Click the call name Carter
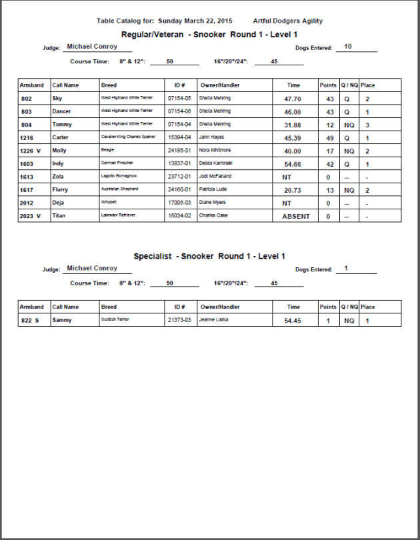tap(61, 137)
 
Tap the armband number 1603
tap(27, 163)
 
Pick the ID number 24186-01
tap(179, 151)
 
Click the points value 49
tap(328, 137)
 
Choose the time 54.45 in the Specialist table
tap(293, 321)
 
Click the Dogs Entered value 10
tap(348, 47)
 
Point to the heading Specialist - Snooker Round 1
tap(209, 256)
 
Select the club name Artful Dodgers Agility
tap(287, 21)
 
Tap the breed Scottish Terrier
tap(115, 320)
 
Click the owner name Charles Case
tap(213, 216)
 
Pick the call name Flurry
tap(61, 190)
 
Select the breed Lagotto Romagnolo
tap(119, 177)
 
